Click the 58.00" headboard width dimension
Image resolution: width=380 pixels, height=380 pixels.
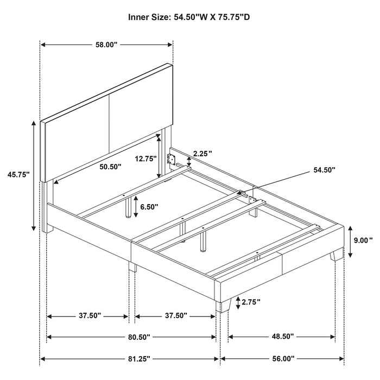tap(106, 45)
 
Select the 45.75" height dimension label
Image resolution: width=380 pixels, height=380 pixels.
tap(18, 174)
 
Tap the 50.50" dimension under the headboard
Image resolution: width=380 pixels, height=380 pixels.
tap(110, 167)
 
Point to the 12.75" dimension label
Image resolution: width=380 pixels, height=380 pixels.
tap(145, 159)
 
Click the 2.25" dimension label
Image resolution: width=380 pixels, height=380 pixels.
tap(202, 153)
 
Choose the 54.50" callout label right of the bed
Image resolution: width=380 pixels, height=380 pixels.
tap(325, 170)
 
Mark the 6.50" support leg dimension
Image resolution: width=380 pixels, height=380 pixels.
tap(149, 207)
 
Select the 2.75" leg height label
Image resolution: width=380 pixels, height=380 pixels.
tap(251, 302)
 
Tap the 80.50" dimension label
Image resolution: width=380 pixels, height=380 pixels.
tap(139, 337)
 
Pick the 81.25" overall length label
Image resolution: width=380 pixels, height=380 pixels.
tap(139, 359)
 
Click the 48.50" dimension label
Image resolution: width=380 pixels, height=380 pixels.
tap(283, 337)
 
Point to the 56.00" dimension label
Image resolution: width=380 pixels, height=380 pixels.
tap(283, 359)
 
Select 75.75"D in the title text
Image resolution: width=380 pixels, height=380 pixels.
tap(235, 17)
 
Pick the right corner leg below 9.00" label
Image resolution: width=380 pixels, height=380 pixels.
tap(338, 255)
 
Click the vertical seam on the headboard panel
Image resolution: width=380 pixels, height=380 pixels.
tap(109, 124)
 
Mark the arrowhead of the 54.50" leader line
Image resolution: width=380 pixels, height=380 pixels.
tap(240, 193)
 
